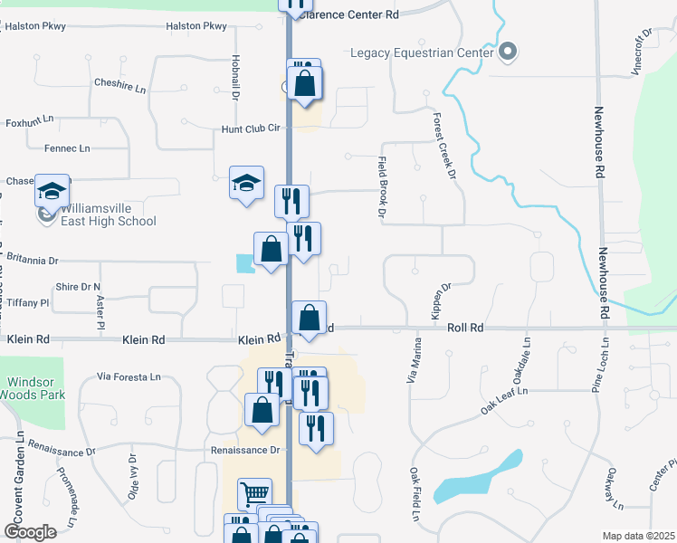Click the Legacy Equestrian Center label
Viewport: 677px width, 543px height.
[x=422, y=52]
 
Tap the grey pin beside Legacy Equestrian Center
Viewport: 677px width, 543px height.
[x=508, y=52]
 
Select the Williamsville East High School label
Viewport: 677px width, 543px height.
[x=109, y=214]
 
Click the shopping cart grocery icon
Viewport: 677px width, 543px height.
[x=254, y=494]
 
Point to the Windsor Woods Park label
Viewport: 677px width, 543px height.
[x=33, y=388]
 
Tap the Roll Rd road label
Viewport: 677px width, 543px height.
[x=465, y=328]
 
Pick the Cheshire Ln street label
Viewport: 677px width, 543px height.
[x=119, y=83]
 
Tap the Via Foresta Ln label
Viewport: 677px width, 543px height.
[x=129, y=376]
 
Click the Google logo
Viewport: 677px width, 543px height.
[x=30, y=532]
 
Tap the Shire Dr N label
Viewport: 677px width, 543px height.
[x=78, y=287]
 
